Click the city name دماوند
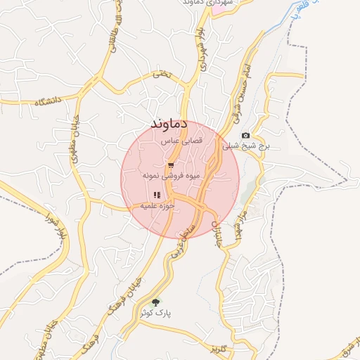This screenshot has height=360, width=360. tap(169, 124)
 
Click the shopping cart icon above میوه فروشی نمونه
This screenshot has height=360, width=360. tap(171, 165)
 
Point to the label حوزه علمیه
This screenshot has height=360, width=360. tap(155, 205)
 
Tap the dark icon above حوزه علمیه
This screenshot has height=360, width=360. tap(155, 195)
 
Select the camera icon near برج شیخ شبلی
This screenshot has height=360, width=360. tap(245, 135)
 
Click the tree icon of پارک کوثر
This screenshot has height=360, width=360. tap(156, 302)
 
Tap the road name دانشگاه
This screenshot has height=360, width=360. tap(47, 101)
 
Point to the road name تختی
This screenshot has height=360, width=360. tap(161, 73)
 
